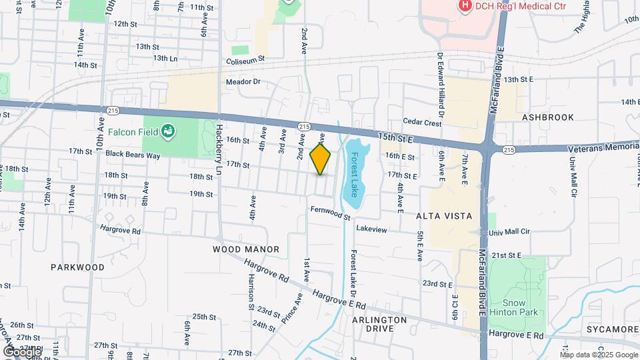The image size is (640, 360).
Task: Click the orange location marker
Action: click(321, 159)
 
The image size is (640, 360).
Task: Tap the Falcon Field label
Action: click(139, 131)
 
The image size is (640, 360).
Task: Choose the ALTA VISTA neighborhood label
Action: click(444, 216)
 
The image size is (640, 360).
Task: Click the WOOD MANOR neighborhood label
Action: click(246, 249)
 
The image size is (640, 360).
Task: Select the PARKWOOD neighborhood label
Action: click(77, 267)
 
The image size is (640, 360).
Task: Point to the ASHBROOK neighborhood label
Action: click(547, 117)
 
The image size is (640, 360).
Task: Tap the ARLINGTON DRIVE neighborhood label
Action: click(380, 325)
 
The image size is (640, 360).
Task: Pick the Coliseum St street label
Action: click(245, 59)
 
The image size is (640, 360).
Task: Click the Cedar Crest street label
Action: click(423, 123)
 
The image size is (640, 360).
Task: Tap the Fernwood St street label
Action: click(330, 213)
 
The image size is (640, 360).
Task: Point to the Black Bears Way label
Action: click(133, 155)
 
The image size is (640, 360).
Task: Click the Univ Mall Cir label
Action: click(511, 232)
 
